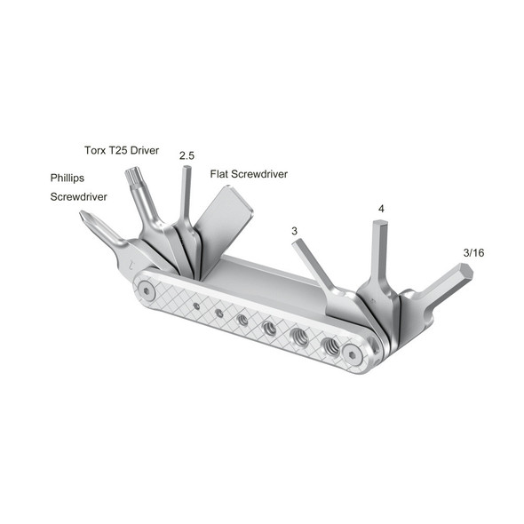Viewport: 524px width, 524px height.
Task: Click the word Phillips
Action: click(x=67, y=178)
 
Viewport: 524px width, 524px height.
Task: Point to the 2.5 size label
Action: click(x=187, y=156)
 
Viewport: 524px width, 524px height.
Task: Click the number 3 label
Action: click(x=294, y=231)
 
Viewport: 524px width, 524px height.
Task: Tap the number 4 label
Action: click(x=381, y=209)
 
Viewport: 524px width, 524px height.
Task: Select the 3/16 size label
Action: click(x=473, y=252)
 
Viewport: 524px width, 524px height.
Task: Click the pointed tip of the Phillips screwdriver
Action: click(x=83, y=215)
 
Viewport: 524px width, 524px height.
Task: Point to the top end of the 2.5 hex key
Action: click(x=186, y=169)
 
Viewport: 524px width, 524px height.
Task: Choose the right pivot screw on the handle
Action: click(x=353, y=353)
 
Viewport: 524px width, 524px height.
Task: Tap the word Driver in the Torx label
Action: click(x=143, y=151)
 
